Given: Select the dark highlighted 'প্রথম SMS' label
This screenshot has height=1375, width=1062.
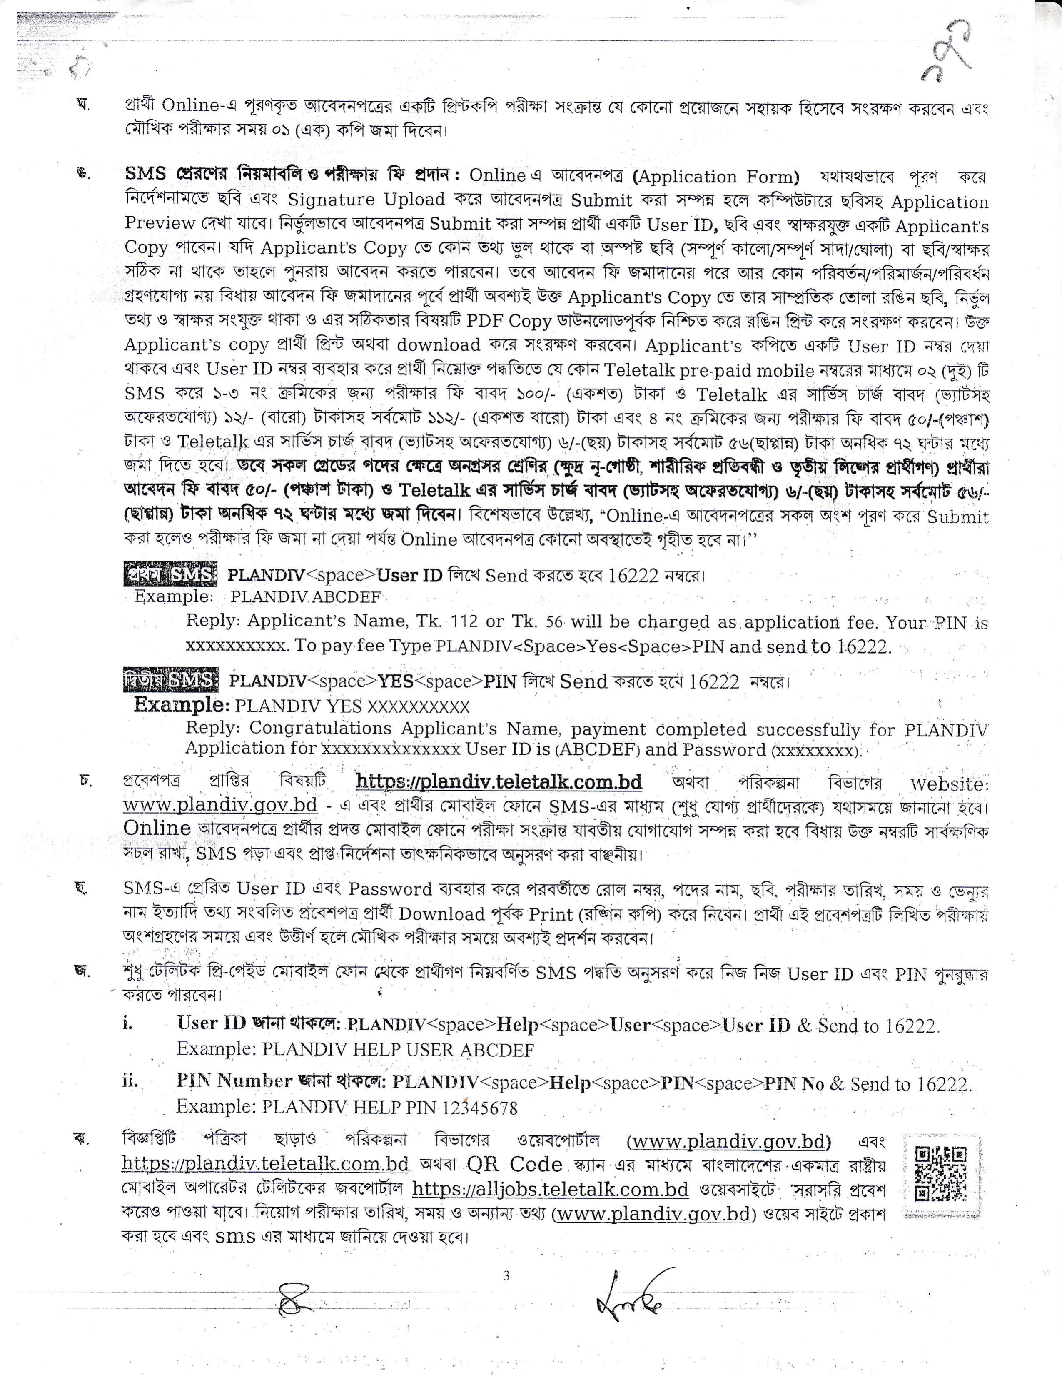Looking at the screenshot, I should coord(170,574).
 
